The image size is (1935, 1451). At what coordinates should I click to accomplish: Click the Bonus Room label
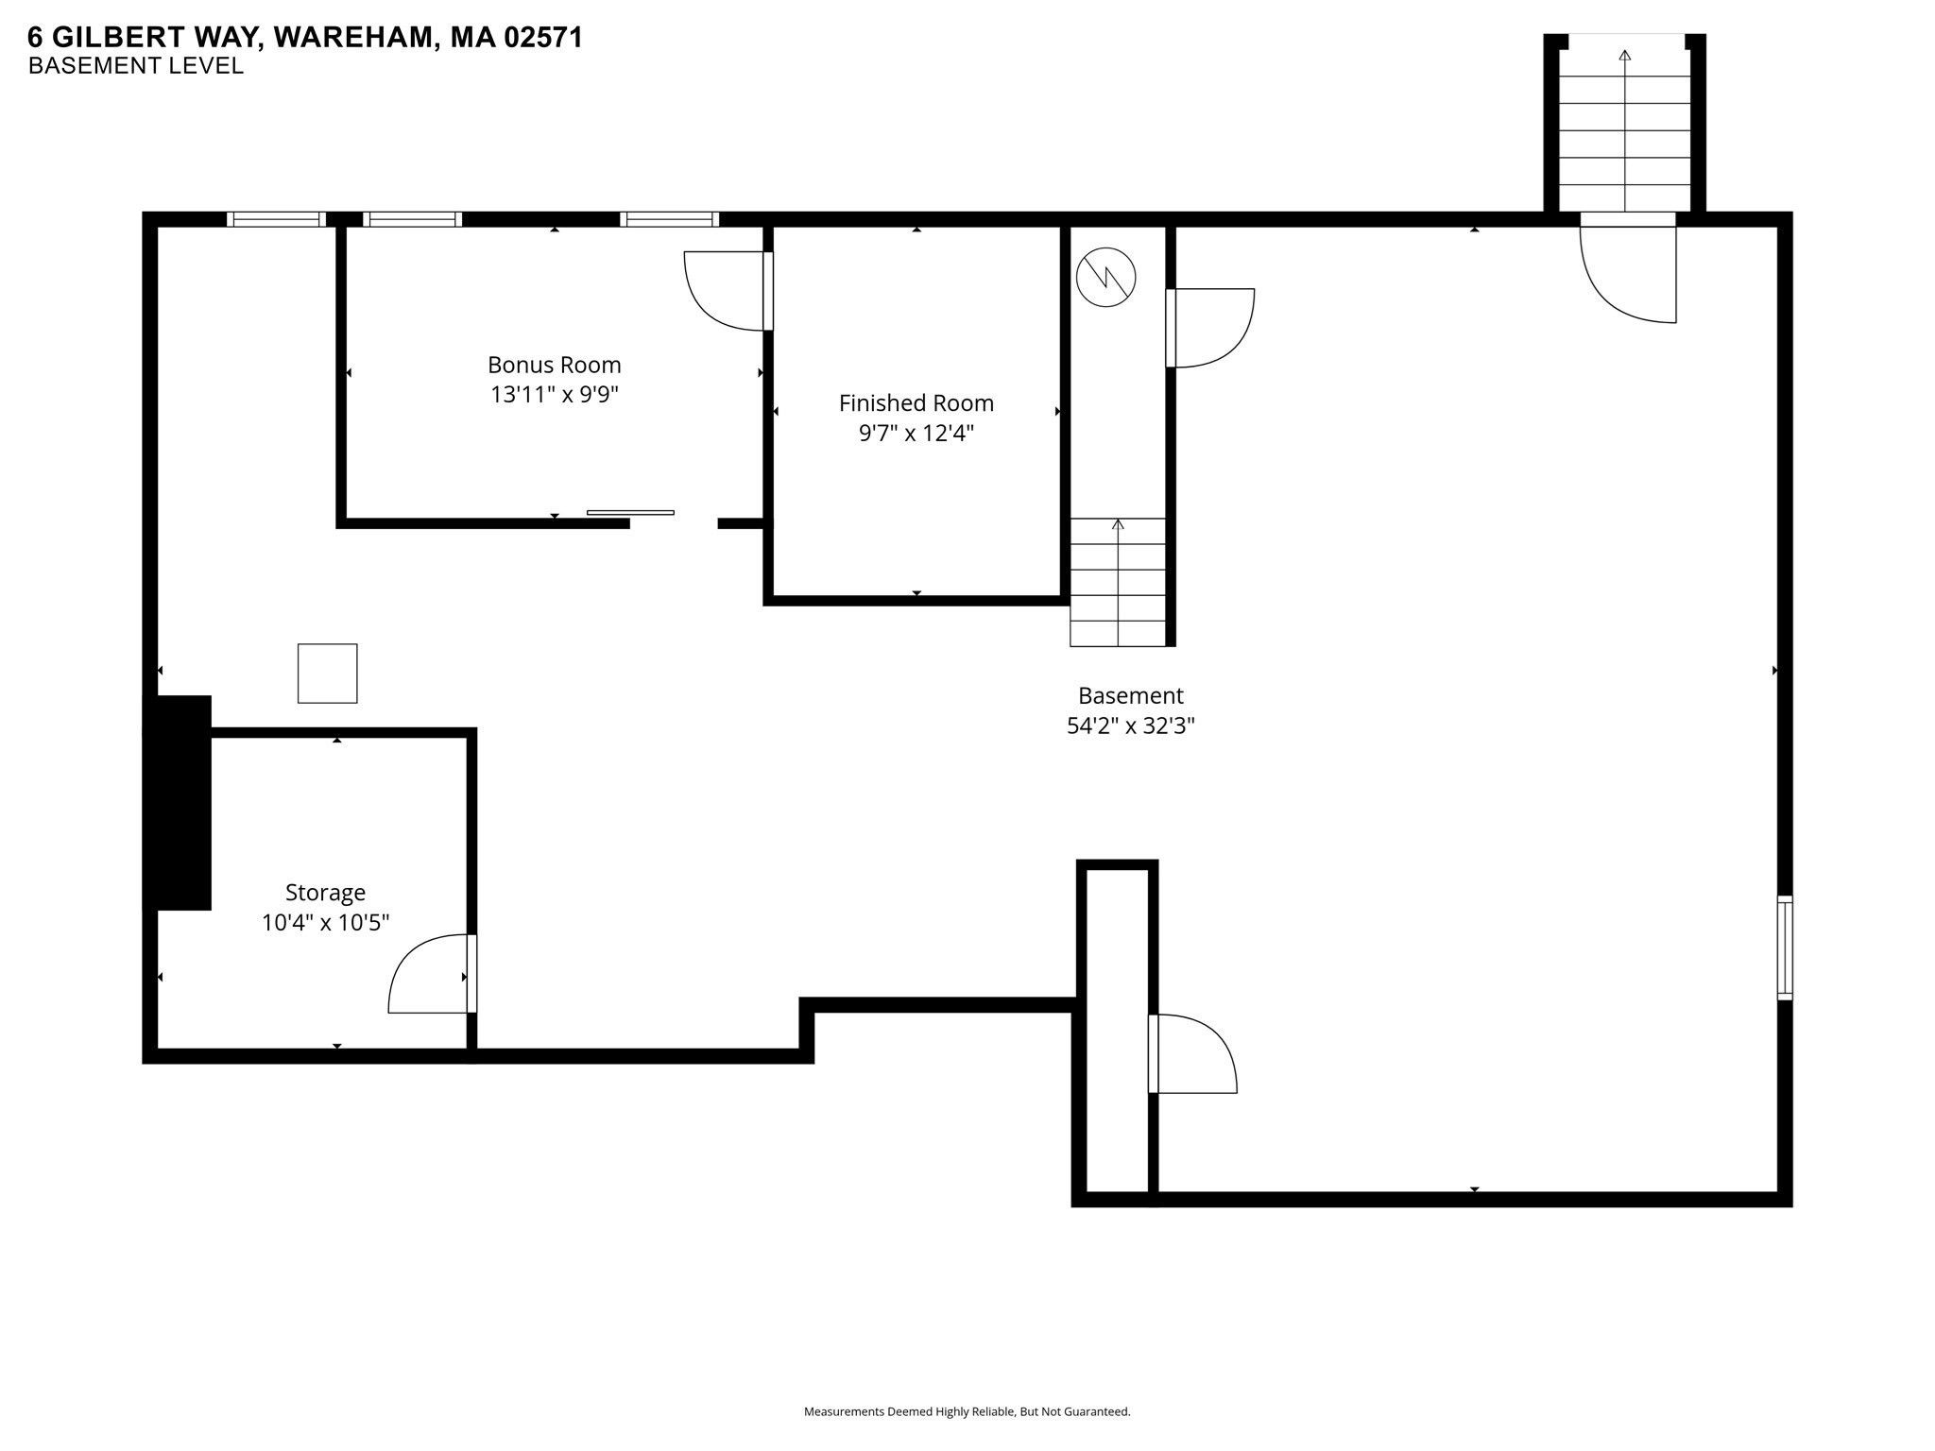[x=554, y=365]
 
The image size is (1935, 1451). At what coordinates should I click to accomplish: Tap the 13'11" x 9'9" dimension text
[x=554, y=394]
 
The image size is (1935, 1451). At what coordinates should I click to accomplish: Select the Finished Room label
[x=916, y=403]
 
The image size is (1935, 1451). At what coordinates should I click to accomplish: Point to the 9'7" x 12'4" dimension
[x=916, y=434]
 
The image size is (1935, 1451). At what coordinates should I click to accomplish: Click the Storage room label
[x=325, y=893]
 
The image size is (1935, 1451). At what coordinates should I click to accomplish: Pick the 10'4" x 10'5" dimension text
[x=325, y=923]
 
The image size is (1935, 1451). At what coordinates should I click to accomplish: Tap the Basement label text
[x=1130, y=696]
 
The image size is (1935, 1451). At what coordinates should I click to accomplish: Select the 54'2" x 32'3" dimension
[x=1130, y=726]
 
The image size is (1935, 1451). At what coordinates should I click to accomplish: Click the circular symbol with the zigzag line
[x=1105, y=277]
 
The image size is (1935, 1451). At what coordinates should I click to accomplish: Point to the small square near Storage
[x=327, y=674]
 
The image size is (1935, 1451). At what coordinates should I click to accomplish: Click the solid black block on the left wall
[x=178, y=803]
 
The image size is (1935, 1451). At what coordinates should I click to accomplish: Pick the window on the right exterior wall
[x=1784, y=947]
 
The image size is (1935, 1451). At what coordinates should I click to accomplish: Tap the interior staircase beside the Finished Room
[x=1117, y=582]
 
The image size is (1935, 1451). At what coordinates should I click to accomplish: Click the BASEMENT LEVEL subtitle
[x=136, y=66]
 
